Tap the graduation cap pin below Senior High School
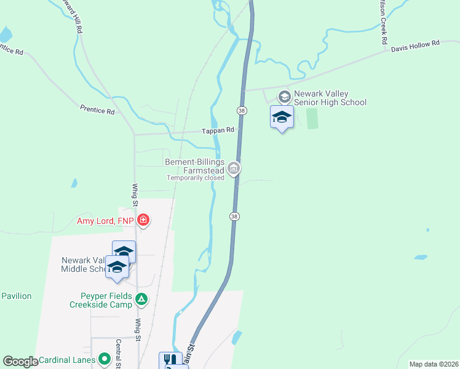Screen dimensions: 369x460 282,117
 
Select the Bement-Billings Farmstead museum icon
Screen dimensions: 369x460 233,167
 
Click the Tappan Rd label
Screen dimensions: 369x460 218,130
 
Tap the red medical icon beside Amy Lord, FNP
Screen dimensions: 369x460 143,220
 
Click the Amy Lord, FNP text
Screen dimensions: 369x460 105,221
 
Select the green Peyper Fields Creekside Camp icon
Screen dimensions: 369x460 141,300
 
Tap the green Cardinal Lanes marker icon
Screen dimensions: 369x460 104,359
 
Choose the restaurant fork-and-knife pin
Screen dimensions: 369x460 170,360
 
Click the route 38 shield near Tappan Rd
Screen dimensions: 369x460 242,109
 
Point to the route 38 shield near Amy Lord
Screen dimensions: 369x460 234,216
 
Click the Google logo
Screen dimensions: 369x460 20,362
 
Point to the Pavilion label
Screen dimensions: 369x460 16,296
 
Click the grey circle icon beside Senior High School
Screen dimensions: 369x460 284,97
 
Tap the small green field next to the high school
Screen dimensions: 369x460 312,118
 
